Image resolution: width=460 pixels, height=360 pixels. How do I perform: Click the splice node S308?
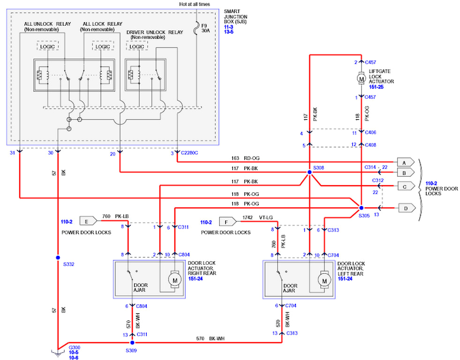pos(309,172)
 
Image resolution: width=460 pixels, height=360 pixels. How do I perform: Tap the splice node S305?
pos(361,207)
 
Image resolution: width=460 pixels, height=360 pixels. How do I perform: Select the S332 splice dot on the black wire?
pos(58,257)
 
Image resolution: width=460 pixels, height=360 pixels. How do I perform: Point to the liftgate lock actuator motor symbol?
pos(361,79)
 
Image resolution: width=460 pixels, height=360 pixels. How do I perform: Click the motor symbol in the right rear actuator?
pos(175,280)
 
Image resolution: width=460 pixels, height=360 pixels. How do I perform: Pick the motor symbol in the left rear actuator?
pos(324,280)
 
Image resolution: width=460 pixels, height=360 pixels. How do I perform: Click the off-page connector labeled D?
pos(406,207)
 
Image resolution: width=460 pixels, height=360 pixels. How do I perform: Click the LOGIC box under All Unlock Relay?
pos(47,46)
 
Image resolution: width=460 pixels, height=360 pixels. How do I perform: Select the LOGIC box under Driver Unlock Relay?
pos(136,46)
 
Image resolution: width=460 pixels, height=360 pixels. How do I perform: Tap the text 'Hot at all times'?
pos(198,4)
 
